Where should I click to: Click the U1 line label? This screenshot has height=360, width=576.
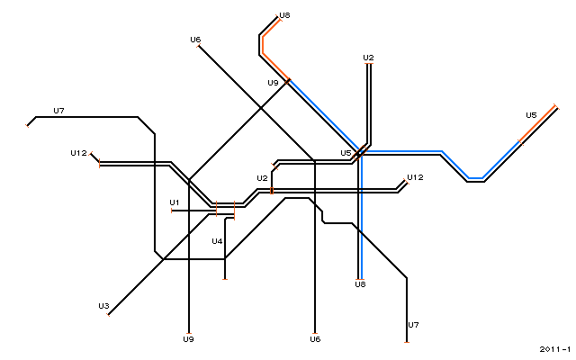pyautogui.click(x=174, y=202)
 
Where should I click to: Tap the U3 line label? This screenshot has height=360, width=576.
pyautogui.click(x=103, y=306)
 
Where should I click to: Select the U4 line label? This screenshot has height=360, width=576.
pyautogui.click(x=217, y=241)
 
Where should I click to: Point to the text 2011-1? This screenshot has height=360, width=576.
pyautogui.click(x=555, y=349)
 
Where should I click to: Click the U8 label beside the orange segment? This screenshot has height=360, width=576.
pyautogui.click(x=284, y=15)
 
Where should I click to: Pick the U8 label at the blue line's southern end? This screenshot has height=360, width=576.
pyautogui.click(x=360, y=284)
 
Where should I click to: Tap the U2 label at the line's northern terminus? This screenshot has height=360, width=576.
pyautogui.click(x=368, y=58)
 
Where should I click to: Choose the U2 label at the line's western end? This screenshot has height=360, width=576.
pyautogui.click(x=262, y=178)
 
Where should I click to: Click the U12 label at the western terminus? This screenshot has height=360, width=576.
pyautogui.click(x=78, y=153)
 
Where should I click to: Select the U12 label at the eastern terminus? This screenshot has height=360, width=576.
pyautogui.click(x=415, y=177)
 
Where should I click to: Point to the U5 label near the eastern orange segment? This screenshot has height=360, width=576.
pyautogui.click(x=531, y=115)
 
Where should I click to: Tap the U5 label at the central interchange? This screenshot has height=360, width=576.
pyautogui.click(x=346, y=153)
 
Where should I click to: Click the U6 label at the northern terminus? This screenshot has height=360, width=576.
pyautogui.click(x=195, y=40)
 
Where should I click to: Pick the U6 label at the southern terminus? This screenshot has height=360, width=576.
pyautogui.click(x=315, y=339)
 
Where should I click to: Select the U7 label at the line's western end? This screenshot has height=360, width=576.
pyautogui.click(x=58, y=111)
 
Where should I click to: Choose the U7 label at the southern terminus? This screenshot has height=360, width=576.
pyautogui.click(x=413, y=325)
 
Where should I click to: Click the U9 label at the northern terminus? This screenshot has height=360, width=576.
pyautogui.click(x=273, y=83)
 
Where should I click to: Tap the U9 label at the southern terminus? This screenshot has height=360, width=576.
pyautogui.click(x=188, y=339)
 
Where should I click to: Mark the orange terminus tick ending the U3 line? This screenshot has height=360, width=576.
pyautogui.click(x=108, y=315)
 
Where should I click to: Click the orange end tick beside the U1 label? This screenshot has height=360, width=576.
pyautogui.click(x=172, y=211)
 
